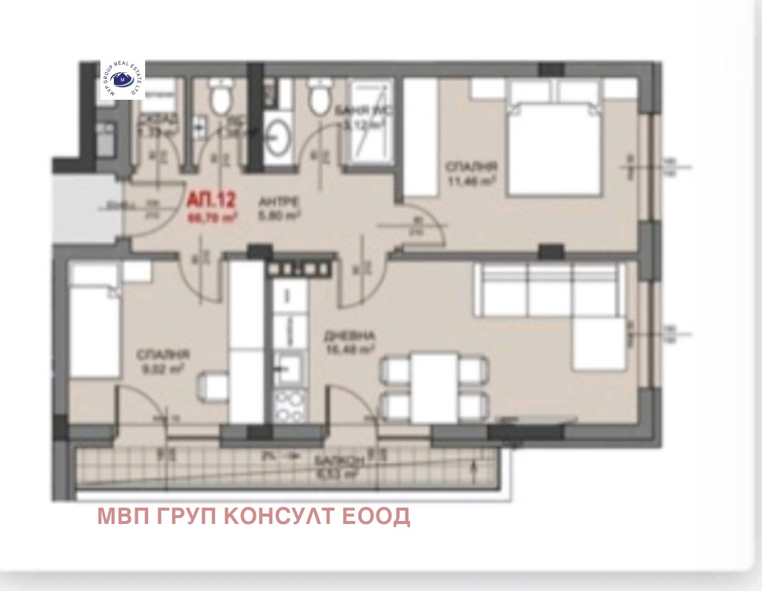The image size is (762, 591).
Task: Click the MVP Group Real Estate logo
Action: pos(123,80)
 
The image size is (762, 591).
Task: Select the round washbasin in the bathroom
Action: pos(279,137)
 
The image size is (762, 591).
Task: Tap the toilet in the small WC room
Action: pos(220,98)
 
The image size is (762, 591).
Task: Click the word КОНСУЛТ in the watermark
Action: pos(286,516)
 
